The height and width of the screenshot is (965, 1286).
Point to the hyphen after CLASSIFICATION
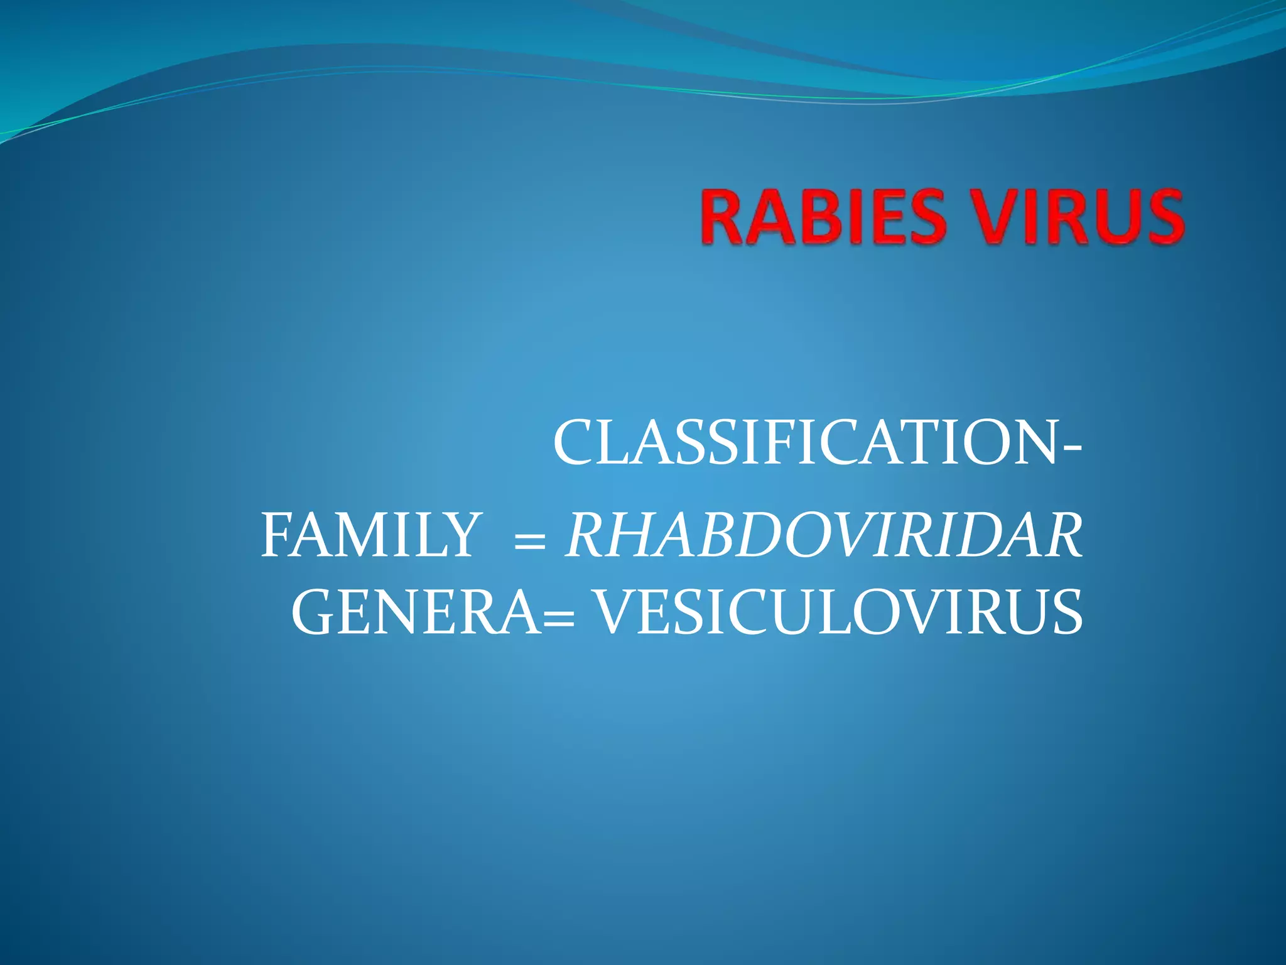(x=1073, y=448)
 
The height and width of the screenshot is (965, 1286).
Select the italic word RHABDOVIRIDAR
(x=824, y=535)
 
